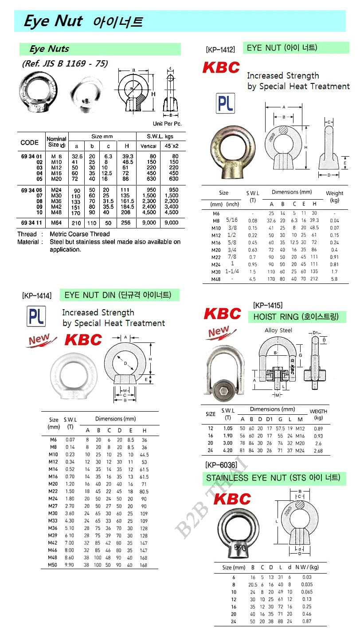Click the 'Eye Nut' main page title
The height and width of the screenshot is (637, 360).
pyautogui.click(x=53, y=21)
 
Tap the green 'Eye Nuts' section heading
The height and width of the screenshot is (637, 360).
pyautogui.click(x=49, y=49)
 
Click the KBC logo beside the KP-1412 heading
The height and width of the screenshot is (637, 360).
pyautogui.click(x=221, y=67)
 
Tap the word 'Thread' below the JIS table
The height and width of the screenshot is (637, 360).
pyautogui.click(x=27, y=234)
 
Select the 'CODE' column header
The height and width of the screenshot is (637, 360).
pyautogui.click(x=29, y=142)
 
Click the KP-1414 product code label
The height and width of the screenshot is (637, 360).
pyautogui.click(x=36, y=295)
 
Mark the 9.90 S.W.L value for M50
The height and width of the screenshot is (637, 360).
pyautogui.click(x=70, y=565)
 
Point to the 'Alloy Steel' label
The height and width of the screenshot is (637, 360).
pyautogui.click(x=278, y=330)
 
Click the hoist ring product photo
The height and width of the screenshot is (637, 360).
pyautogui.click(x=224, y=370)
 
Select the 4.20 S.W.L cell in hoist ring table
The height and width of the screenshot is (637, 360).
pyautogui.click(x=227, y=450)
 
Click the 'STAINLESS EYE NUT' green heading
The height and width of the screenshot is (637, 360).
pyautogui.click(x=273, y=478)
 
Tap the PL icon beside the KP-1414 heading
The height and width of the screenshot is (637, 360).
pyautogui.click(x=36, y=316)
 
